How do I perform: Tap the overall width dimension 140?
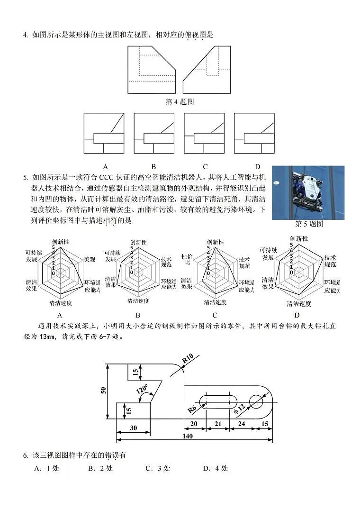[188, 436]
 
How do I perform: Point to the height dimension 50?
[103, 390]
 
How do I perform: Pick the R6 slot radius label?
[192, 407]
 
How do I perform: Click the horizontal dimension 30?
[134, 427]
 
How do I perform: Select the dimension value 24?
[242, 423]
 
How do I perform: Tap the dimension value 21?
[218, 423]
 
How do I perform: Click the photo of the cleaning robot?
[308, 192]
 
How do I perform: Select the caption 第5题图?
[309, 224]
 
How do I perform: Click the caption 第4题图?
[180, 101]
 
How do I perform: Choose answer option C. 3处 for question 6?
[158, 468]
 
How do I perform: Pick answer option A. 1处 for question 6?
[46, 468]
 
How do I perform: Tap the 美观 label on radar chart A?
[90, 259]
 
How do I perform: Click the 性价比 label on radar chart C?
[187, 259]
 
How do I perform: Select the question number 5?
[25, 178]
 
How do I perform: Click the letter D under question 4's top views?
[258, 166]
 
